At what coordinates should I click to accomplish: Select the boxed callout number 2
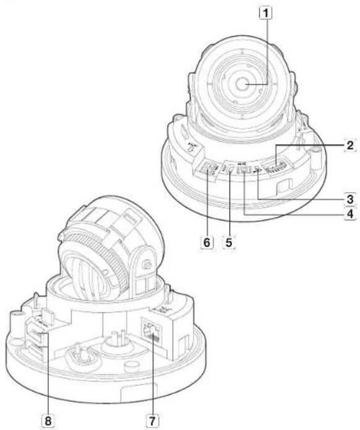tap(349, 146)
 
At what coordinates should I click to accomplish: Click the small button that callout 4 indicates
tap(246, 170)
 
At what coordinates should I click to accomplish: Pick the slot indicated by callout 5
tap(229, 170)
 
